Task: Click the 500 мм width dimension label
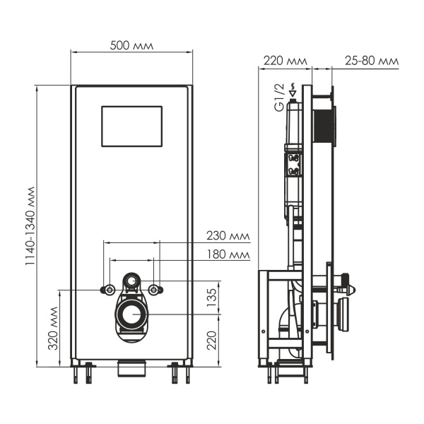(x=131, y=46)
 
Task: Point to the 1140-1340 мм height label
(x=30, y=226)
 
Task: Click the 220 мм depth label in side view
(x=284, y=61)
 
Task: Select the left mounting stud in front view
(x=109, y=289)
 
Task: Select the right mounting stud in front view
(x=155, y=289)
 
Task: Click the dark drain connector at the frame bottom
(x=131, y=367)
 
